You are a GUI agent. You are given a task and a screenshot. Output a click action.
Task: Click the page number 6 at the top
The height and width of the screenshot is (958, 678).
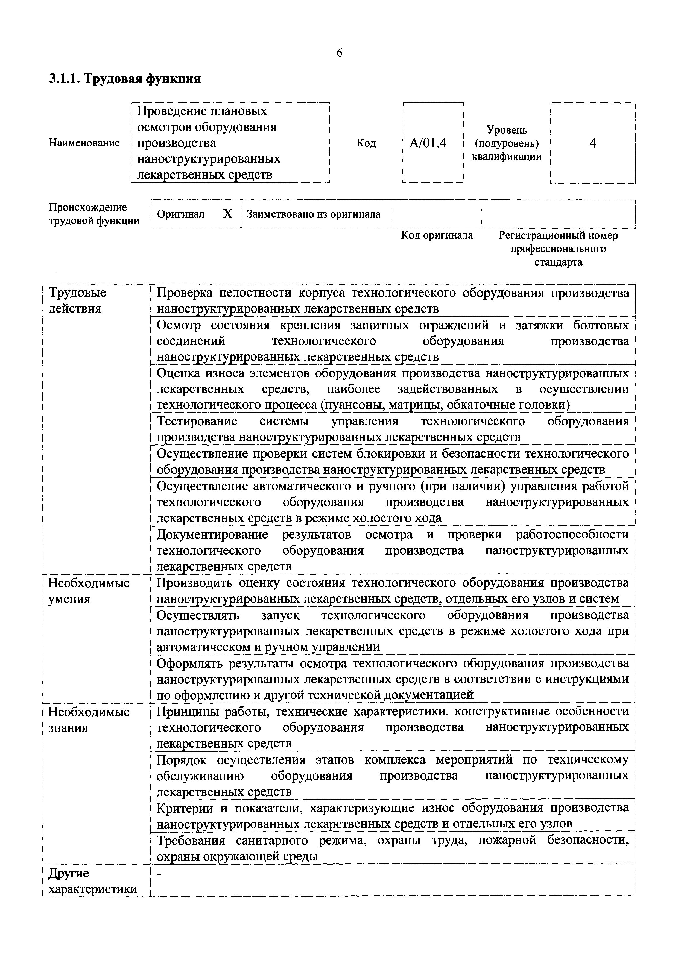[339, 53]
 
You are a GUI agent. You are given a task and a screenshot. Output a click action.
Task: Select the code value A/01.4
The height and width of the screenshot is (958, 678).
[428, 143]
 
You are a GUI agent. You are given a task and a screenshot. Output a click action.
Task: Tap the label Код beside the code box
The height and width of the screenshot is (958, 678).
[366, 143]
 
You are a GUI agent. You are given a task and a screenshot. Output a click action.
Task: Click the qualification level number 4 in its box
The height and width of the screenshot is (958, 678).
[592, 143]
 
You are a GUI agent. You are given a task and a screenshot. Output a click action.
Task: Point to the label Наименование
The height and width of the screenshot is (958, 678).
[84, 143]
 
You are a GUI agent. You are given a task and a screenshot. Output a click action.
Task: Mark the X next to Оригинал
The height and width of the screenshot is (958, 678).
[227, 214]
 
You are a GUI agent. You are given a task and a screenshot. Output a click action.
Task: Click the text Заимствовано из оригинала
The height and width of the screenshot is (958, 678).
[314, 214]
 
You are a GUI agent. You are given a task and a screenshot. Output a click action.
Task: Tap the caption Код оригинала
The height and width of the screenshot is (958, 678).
[437, 235]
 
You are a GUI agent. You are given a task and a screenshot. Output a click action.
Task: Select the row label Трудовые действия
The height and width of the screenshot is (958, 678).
[77, 300]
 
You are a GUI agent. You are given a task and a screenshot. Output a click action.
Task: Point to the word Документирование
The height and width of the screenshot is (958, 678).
[212, 535]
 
